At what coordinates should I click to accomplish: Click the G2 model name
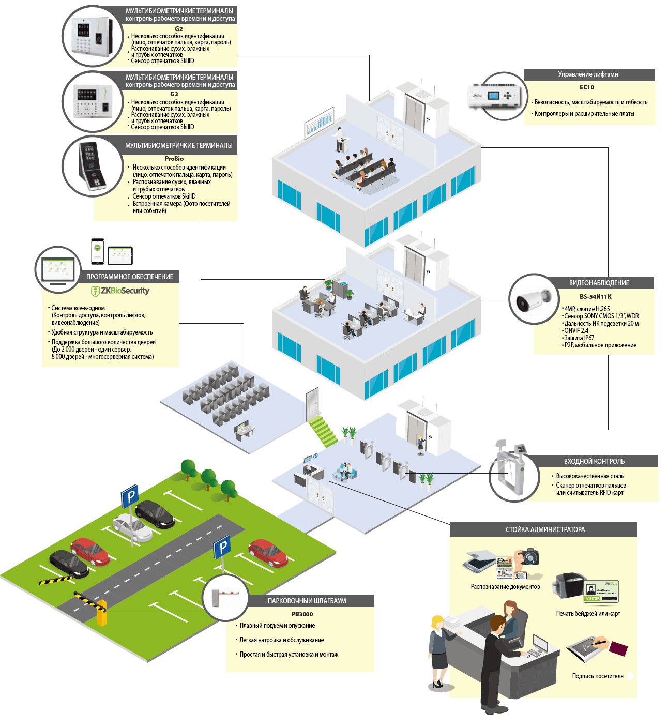pyautogui.click(x=179, y=29)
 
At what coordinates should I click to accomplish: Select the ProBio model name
pyautogui.click(x=174, y=159)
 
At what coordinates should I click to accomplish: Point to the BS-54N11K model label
pyautogui.click(x=595, y=297)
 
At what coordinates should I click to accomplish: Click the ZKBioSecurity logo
pyautogui.click(x=120, y=291)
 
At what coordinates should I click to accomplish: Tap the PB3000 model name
pyautogui.click(x=302, y=614)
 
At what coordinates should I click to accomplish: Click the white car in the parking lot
pyautogui.click(x=132, y=526)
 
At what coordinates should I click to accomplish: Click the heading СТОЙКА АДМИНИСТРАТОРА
pyautogui.click(x=545, y=529)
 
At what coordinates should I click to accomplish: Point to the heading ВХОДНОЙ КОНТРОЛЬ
pyautogui.click(x=594, y=461)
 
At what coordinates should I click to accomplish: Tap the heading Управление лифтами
pyautogui.click(x=588, y=74)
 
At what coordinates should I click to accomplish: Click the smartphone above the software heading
pyautogui.click(x=97, y=251)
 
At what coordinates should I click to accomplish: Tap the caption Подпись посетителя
pyautogui.click(x=597, y=676)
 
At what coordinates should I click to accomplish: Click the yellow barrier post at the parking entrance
pyautogui.click(x=102, y=613)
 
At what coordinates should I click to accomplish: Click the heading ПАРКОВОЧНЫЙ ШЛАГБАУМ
pyautogui.click(x=307, y=601)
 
